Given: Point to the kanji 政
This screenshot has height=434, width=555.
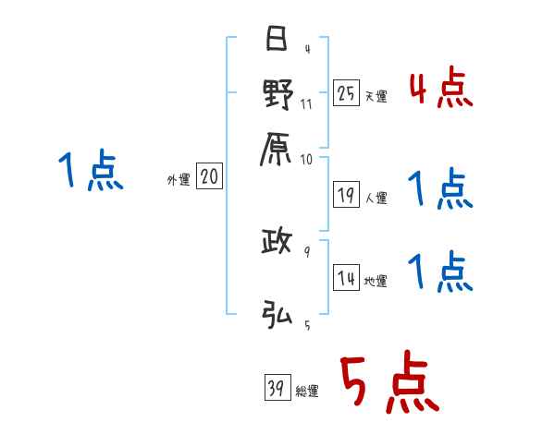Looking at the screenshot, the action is (277, 244).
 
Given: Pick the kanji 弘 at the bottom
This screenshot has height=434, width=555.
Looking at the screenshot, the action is (277, 314).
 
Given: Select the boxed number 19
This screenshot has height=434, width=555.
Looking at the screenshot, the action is (346, 194).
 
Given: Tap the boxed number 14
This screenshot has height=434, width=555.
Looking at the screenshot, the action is (346, 278).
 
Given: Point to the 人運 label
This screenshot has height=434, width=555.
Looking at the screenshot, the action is (376, 197).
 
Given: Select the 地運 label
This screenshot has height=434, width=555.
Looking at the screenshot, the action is (376, 282).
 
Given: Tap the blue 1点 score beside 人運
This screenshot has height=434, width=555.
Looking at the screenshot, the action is (440, 190).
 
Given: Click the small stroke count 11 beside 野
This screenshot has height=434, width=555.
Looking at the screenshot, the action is (306, 104).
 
